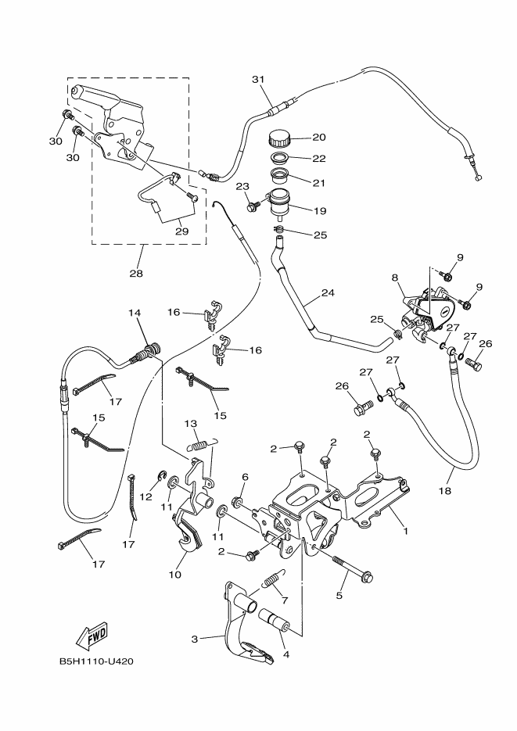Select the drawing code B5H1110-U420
(x=96, y=661)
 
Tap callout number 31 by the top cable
(x=259, y=80)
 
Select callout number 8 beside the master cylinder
(x=396, y=277)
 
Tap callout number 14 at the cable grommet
(x=135, y=313)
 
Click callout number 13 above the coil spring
(x=190, y=423)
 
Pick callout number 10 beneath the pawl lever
(x=174, y=575)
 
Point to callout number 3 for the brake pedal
(x=195, y=639)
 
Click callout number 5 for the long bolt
(x=340, y=596)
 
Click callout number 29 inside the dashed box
(x=181, y=231)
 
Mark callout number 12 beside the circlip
(x=146, y=496)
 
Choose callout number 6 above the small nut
(x=245, y=476)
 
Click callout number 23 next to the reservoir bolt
(x=242, y=185)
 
